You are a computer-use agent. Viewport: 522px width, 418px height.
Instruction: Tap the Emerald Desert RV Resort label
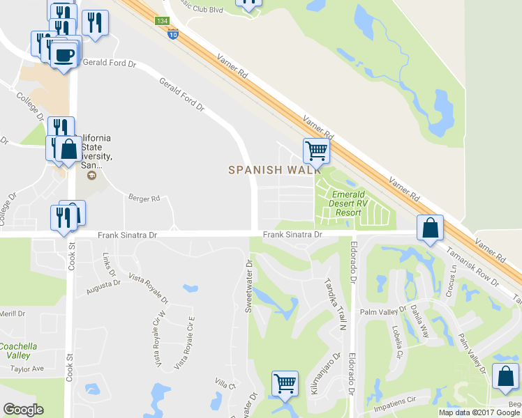(347, 203)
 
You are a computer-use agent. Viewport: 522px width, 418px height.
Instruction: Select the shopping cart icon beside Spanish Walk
(316, 149)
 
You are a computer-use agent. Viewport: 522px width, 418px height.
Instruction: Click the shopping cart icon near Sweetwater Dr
(285, 382)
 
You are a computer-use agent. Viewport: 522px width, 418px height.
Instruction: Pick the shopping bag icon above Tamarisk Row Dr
(431, 227)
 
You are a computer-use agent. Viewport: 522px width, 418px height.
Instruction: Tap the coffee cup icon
(64, 54)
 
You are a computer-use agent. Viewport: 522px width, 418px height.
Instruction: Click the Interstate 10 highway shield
(173, 33)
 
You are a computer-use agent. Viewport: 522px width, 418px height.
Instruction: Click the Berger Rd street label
(144, 199)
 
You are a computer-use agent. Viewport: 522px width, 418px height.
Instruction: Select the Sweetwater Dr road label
(248, 286)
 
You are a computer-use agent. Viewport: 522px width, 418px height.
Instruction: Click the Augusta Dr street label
(104, 286)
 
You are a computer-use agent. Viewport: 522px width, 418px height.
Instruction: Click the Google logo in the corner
(24, 410)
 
